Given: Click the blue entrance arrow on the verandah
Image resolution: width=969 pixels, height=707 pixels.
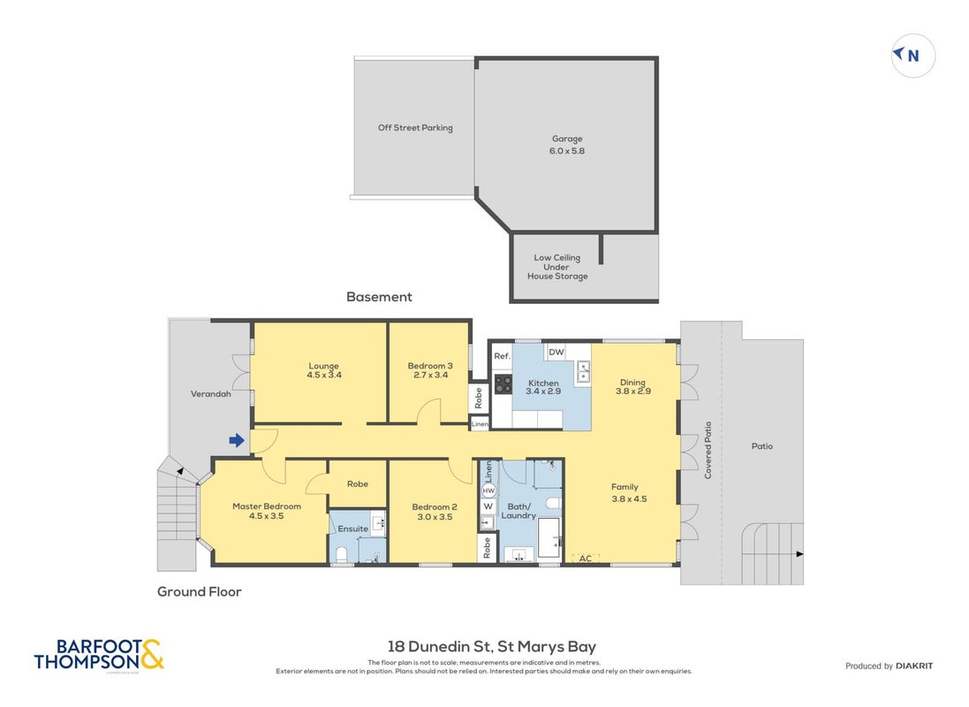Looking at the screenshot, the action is [237, 440].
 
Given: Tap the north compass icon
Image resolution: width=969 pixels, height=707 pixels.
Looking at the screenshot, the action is [912, 56].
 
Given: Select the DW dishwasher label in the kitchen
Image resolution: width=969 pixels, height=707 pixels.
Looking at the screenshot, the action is [556, 352].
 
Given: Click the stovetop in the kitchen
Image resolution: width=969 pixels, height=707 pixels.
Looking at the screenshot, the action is [503, 384].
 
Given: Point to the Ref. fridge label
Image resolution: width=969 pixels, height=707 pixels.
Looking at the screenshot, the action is [502, 356].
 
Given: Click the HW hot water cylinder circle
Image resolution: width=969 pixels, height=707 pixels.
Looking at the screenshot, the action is [488, 490].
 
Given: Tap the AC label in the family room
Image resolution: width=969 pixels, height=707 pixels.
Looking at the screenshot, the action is [586, 559].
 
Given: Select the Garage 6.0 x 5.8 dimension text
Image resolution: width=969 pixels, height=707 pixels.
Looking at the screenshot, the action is [567, 150].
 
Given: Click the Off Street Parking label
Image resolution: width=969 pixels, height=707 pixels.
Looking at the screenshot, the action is [415, 127].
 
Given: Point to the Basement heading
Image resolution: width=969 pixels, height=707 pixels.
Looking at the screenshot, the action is [379, 297].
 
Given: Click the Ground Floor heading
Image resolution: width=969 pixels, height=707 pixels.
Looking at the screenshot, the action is [199, 592].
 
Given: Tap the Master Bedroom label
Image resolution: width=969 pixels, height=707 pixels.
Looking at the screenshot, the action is [267, 506].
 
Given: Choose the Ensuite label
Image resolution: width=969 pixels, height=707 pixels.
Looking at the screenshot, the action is [352, 528].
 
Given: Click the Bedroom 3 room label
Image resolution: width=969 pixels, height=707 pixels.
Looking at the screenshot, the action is [430, 366].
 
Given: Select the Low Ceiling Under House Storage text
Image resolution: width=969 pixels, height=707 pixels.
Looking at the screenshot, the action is [557, 267].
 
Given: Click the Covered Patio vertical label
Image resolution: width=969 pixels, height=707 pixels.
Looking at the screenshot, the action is [708, 450].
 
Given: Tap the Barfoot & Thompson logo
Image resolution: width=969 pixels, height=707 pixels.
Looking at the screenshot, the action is [99, 655].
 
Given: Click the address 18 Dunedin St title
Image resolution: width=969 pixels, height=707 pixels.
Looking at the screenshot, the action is [492, 647].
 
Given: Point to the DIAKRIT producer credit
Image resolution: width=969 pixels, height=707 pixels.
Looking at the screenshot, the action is [914, 665].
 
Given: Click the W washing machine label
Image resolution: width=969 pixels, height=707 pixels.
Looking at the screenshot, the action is [488, 506].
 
